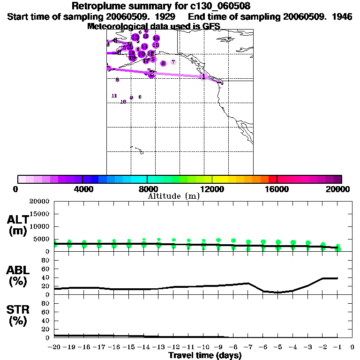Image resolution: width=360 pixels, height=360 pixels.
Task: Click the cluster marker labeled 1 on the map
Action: tap(203, 76)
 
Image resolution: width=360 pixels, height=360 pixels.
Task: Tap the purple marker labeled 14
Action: tap(156, 38)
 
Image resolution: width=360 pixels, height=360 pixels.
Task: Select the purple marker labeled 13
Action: tap(135, 37)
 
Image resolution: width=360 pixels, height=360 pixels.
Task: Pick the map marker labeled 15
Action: tap(156, 45)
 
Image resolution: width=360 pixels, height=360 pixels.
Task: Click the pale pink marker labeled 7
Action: tap(173, 62)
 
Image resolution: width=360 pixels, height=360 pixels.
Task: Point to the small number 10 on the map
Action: tap(123, 101)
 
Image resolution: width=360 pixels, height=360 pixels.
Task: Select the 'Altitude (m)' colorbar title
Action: tap(174, 196)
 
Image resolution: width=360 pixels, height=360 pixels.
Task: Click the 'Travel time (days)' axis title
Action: tap(205, 356)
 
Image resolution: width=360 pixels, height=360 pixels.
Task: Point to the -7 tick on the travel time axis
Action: tap(248, 348)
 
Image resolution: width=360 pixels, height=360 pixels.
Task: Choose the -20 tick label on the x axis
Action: tap(54, 348)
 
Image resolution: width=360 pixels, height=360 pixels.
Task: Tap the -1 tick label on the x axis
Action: tap(337, 348)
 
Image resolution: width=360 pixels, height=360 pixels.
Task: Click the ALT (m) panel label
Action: tap(17, 225)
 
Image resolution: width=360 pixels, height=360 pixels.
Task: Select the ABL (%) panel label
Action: tap(17, 276)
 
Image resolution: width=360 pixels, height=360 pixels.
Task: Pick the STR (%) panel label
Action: tap(17, 315)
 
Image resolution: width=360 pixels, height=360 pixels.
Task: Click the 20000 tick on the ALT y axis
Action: tap(40, 202)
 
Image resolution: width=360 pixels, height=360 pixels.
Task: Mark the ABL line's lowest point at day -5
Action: tap(278, 292)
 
